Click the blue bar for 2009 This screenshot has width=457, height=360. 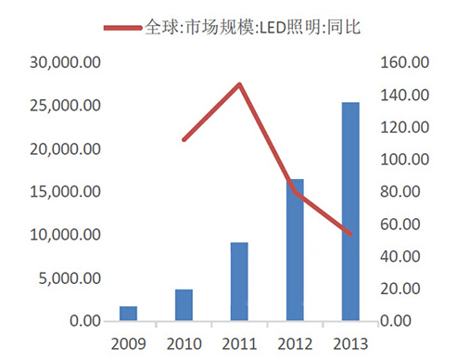[x=128, y=314]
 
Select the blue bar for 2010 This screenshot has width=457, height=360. [x=184, y=305]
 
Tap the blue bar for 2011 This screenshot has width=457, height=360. [x=239, y=282]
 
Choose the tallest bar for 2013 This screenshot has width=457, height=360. [x=350, y=212]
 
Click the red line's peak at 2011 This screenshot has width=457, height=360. [x=239, y=84]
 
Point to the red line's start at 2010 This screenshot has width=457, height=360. [x=184, y=140]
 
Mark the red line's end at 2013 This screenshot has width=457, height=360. [x=350, y=234]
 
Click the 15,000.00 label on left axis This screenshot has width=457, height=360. [x=66, y=192]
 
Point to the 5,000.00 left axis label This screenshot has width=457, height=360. [x=70, y=278]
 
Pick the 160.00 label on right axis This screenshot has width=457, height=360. [x=405, y=63]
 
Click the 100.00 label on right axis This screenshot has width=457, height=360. [x=405, y=160]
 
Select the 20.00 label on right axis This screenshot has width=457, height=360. [x=408, y=289]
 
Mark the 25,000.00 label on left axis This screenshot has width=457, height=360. [x=66, y=106]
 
